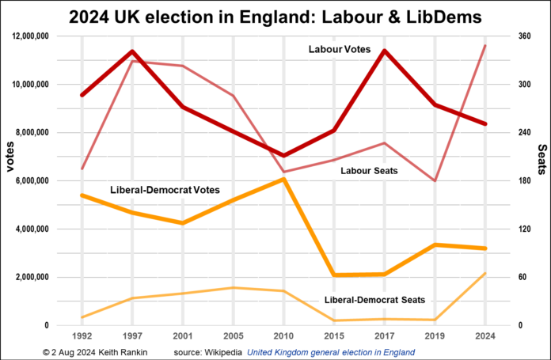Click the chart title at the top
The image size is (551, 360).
(275, 15)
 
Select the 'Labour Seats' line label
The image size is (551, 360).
(369, 170)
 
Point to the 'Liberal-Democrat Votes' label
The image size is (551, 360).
(165, 190)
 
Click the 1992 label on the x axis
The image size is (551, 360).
(82, 336)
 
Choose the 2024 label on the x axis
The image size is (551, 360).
(484, 336)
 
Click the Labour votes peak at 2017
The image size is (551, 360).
(383, 51)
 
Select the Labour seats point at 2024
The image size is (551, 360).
(485, 46)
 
